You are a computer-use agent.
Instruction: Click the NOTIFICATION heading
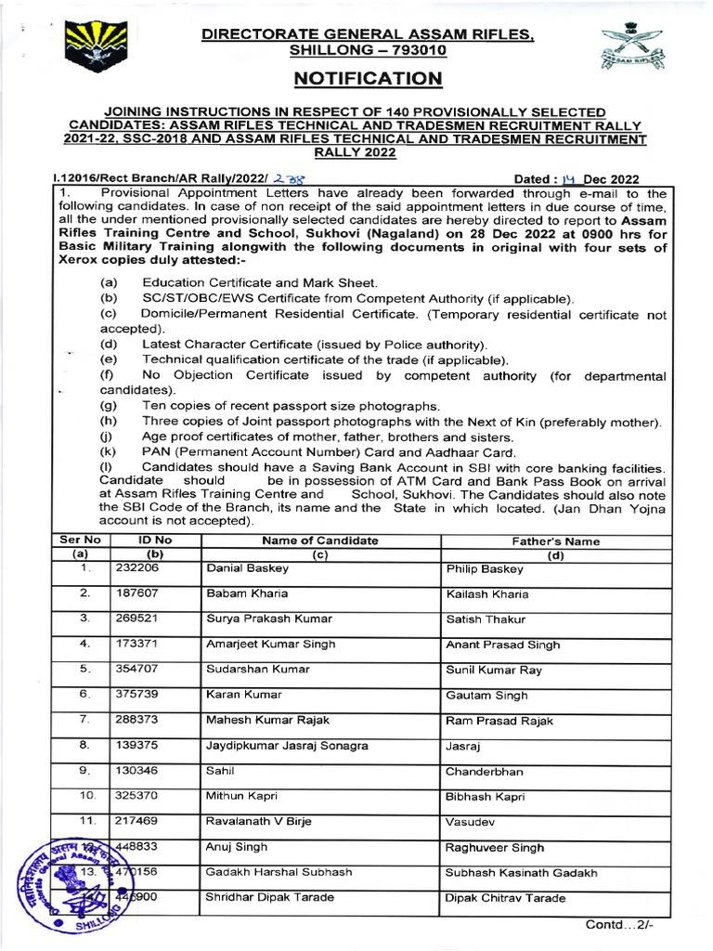click(x=369, y=79)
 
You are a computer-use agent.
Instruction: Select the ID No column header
click(x=155, y=541)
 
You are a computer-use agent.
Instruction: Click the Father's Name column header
click(x=556, y=541)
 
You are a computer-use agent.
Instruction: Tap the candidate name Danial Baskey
click(x=242, y=568)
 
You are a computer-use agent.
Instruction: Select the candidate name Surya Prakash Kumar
click(x=269, y=619)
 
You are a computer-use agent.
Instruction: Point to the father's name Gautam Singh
click(x=486, y=695)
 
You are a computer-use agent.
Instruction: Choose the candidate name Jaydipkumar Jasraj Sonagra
click(x=287, y=746)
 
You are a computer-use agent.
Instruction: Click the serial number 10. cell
click(x=86, y=796)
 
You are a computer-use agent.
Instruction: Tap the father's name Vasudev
click(x=472, y=822)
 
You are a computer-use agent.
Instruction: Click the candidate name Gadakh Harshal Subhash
click(x=279, y=873)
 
